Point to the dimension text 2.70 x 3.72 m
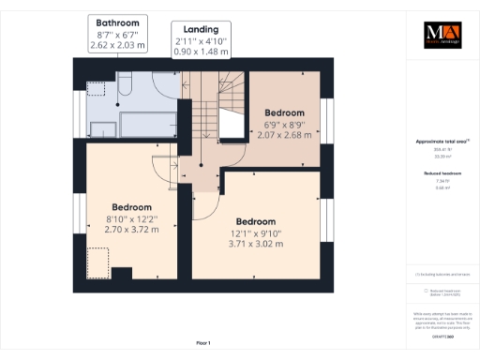(x=130, y=229)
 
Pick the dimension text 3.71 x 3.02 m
(x=256, y=244)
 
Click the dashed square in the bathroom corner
(x=97, y=89)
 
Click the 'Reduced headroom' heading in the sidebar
(x=440, y=174)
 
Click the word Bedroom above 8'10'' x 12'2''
(x=130, y=206)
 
